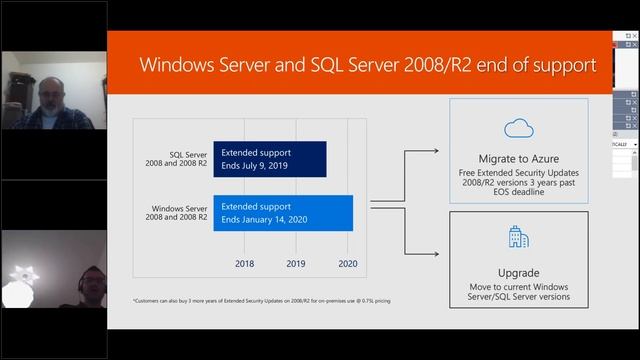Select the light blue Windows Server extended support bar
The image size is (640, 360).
click(283, 212)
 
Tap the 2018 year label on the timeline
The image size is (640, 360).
click(244, 264)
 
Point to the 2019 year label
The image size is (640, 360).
click(296, 264)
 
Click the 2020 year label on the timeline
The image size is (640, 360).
click(348, 264)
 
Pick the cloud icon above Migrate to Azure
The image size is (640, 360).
click(518, 128)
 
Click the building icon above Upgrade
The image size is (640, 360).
click(518, 237)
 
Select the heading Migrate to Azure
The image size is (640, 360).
click(518, 159)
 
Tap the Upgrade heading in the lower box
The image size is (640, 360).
click(518, 272)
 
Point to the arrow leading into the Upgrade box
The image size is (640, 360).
click(430, 253)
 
